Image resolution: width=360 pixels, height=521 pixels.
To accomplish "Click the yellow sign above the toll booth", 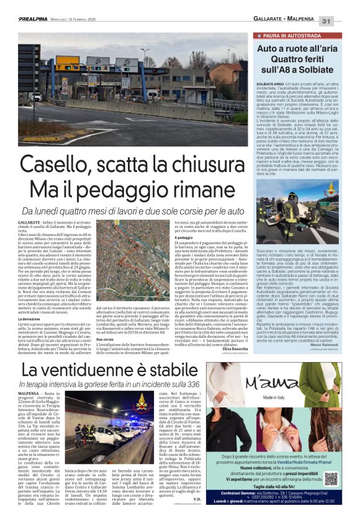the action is click(x=67, y=63).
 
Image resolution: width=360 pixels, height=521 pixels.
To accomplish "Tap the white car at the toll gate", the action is click(x=37, y=97).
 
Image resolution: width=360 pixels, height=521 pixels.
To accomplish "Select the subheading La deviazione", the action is click(x=31, y=284).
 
